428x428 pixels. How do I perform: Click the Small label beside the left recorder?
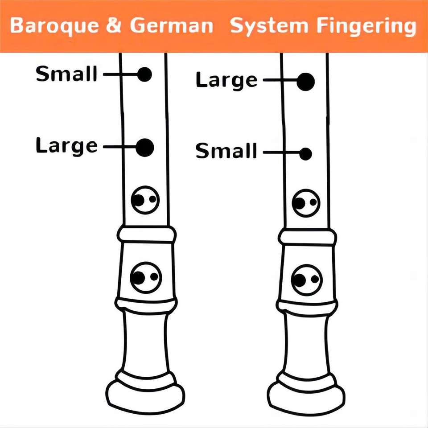point(66,74)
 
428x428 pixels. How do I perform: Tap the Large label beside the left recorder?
point(66,146)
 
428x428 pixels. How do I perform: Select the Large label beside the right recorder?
point(226,81)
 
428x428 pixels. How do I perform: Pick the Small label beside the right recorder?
point(226,152)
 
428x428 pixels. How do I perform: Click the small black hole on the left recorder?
point(144,74)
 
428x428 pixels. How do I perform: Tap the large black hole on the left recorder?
point(144,147)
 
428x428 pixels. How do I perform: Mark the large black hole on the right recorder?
point(306,82)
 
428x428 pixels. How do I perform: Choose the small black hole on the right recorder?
point(305,154)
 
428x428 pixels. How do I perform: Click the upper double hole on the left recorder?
point(145,200)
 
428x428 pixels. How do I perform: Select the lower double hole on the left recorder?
point(145,277)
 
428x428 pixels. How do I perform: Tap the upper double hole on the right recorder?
point(306,203)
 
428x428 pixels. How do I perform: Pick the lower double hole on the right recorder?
point(306,280)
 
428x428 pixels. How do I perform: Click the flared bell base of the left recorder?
point(145,395)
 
